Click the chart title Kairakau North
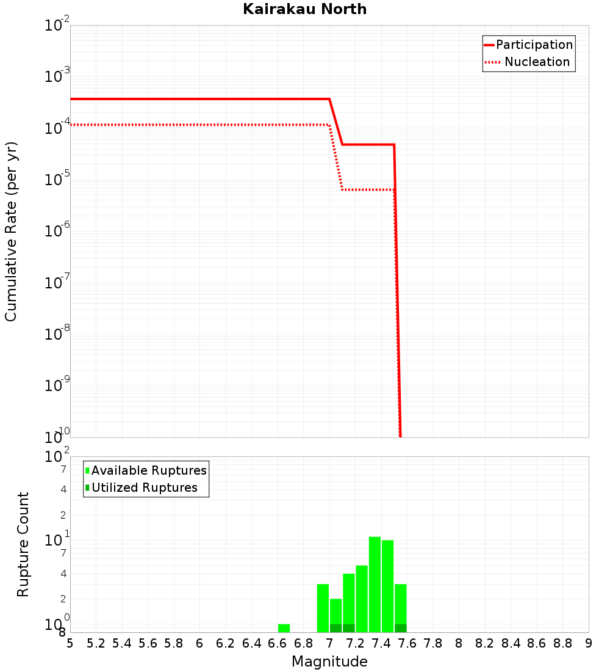(304, 9)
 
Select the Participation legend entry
(534, 45)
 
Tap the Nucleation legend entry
(537, 62)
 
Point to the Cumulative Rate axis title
(11, 231)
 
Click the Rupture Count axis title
(23, 544)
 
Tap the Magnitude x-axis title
(329, 662)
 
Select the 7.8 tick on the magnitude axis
(433, 643)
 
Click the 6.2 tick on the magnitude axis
(226, 643)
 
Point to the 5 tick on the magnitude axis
(70, 643)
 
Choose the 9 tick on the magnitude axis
(588, 643)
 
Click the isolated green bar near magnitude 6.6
(284, 628)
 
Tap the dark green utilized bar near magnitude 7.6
(400, 628)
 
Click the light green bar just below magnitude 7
(323, 608)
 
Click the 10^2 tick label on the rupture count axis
(58, 457)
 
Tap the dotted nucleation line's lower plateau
(368, 189)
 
